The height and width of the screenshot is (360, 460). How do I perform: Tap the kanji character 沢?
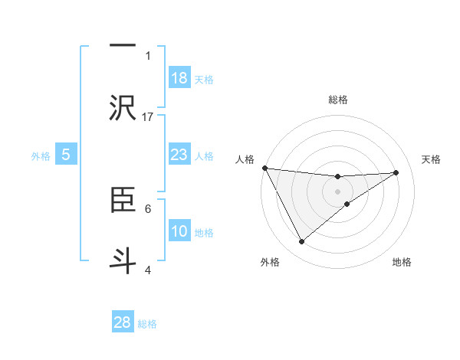click(x=123, y=106)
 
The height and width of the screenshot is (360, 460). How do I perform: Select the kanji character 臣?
click(x=123, y=199)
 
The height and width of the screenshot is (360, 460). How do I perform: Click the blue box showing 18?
click(x=179, y=78)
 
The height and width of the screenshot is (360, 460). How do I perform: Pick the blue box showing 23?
click(x=179, y=155)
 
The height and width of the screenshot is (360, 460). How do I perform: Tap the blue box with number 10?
click(x=179, y=231)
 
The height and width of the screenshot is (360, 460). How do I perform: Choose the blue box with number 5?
click(x=66, y=155)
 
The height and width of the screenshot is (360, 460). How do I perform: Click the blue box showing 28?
click(x=123, y=322)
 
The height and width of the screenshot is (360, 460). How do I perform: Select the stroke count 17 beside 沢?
click(x=148, y=116)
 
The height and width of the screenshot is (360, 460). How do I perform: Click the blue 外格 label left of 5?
click(x=41, y=156)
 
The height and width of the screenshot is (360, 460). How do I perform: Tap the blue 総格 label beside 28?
click(x=147, y=324)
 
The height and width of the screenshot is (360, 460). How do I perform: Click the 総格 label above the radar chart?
click(x=337, y=100)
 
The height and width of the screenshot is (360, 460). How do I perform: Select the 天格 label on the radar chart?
click(x=431, y=159)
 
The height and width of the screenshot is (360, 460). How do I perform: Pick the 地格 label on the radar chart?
click(x=402, y=262)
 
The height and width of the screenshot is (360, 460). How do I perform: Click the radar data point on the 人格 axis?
click(x=264, y=168)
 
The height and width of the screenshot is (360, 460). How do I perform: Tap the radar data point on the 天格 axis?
click(x=396, y=172)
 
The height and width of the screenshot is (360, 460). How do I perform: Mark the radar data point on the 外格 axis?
click(x=301, y=242)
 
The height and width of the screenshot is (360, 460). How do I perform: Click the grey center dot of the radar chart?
click(x=337, y=191)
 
